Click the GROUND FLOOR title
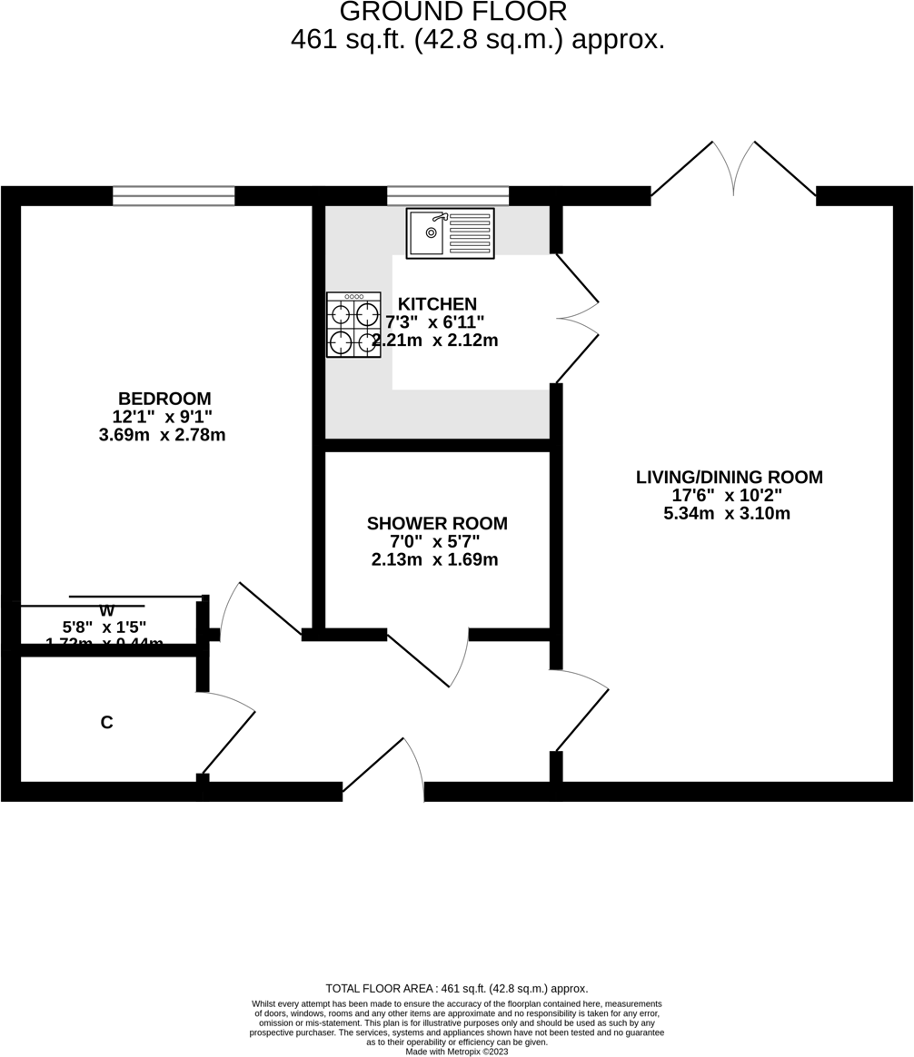coord(452,12)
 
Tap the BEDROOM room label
coord(164,399)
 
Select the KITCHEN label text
coord(437,304)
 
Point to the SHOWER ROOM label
coord(437,524)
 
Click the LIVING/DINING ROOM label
coord(729,477)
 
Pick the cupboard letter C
coord(106,723)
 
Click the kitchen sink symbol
coord(450,233)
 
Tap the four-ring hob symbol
coord(353,324)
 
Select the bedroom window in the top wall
coord(174,196)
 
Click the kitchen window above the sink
coord(448,196)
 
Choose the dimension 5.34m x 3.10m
coord(727,514)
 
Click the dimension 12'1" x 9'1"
coord(163,417)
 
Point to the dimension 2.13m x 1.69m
coord(435,560)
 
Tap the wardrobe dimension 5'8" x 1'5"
coord(104,627)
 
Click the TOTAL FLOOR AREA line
coord(456,989)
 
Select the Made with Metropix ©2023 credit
coord(456,1051)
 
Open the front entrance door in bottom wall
coord(383,772)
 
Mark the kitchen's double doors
coord(576,319)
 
